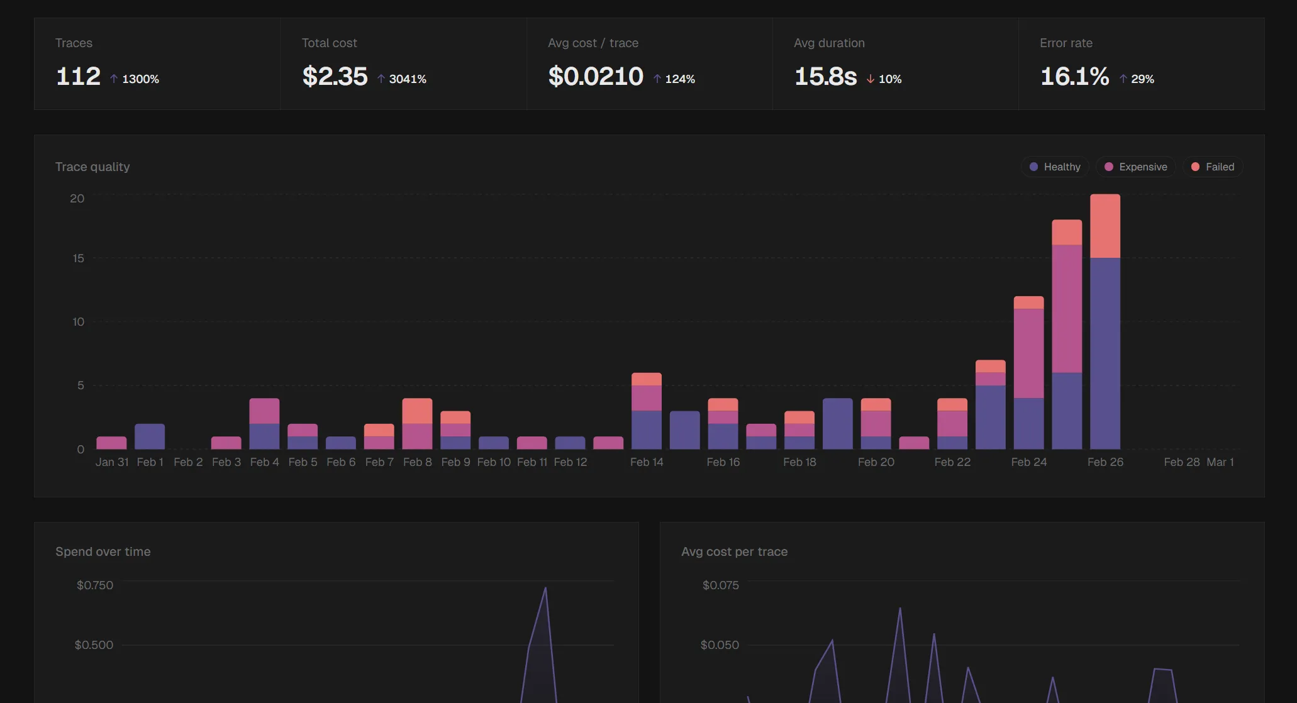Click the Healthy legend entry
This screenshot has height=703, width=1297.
1055,167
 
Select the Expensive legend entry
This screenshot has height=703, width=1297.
1136,167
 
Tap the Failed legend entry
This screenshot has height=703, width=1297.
1213,167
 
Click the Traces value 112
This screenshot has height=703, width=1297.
79,77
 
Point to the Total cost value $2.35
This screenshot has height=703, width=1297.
335,77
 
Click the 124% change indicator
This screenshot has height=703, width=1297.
674,79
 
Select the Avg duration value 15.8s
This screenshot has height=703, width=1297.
825,77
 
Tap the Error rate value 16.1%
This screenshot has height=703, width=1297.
1074,77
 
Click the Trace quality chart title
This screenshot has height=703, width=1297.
92,167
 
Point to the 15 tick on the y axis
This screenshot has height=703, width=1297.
78,258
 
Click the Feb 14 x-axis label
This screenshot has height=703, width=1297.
647,462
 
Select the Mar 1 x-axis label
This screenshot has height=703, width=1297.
1220,462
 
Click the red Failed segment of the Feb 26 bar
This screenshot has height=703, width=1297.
1105,226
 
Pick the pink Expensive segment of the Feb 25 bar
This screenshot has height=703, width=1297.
1067,308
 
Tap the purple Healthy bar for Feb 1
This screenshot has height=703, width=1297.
150,436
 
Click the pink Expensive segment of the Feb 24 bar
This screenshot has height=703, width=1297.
1028,353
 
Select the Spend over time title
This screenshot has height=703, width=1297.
103,551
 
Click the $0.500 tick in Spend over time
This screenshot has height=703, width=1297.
94,645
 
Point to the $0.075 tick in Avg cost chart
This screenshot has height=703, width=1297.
720,585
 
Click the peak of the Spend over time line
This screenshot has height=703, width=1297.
545,588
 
